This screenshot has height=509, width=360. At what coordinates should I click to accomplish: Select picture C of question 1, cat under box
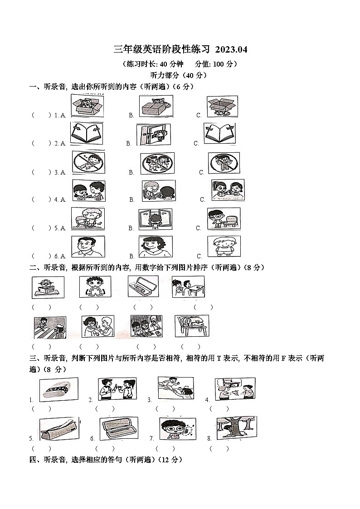coord(222,107)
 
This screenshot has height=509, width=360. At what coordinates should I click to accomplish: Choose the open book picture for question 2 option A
coord(87,134)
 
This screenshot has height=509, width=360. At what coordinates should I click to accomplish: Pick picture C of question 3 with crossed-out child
coord(224,163)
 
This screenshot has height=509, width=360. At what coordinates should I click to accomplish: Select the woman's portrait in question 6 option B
coord(156,247)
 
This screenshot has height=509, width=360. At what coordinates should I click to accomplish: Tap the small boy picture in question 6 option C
coord(224,247)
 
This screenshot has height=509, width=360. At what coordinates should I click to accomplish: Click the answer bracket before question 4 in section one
coord(41,199)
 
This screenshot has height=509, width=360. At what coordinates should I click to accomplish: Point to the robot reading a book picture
coord(48,287)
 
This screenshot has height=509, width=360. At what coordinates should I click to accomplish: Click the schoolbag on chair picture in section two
coord(192,326)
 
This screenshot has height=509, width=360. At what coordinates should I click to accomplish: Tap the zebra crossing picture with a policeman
coord(50,327)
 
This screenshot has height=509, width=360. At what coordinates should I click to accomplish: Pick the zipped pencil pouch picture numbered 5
coord(59,429)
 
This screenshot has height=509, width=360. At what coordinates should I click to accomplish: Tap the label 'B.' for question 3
coord(131,172)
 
